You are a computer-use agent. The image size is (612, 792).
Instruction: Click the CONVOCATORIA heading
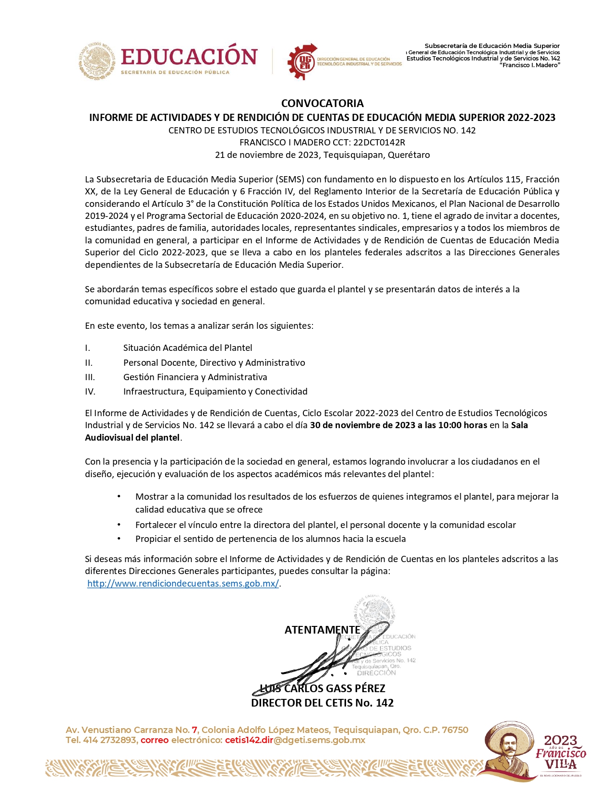(322, 103)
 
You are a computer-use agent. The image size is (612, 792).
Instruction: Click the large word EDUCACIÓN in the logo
(189, 57)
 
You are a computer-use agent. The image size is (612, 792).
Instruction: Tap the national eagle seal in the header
(97, 60)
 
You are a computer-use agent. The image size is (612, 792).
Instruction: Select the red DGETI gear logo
(302, 61)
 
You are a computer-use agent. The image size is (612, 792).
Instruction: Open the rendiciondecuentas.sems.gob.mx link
(183, 584)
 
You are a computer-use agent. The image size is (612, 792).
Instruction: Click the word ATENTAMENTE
(322, 630)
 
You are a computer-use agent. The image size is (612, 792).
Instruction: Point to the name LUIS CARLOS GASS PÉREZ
(322, 688)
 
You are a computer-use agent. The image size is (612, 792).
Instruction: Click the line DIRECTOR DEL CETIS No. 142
(322, 703)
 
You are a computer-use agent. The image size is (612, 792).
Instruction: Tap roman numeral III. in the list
(90, 377)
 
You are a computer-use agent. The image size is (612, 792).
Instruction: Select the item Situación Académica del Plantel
(188, 348)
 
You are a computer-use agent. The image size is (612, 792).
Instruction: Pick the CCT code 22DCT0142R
(379, 143)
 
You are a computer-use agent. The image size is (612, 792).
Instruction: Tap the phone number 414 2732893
(109, 740)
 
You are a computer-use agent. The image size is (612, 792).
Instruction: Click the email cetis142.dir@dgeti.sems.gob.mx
(295, 740)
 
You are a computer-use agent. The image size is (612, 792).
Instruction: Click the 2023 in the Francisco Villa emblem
(561, 741)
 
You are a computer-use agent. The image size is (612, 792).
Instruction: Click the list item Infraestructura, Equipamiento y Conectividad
(215, 392)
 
